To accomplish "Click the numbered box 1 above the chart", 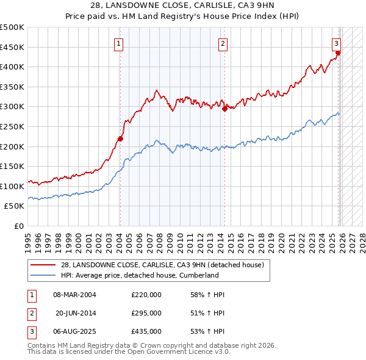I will (119, 43).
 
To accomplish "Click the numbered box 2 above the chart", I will (223, 43).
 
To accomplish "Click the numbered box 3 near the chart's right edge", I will (336, 43).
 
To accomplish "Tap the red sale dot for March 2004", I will (120, 139).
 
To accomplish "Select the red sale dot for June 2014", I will (224, 109).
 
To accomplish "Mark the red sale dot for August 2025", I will (339, 53).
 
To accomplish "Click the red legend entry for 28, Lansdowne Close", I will (162, 265).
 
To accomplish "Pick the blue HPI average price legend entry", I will (140, 275).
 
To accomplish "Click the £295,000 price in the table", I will (146, 313).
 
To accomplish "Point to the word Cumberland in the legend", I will (198, 275).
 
